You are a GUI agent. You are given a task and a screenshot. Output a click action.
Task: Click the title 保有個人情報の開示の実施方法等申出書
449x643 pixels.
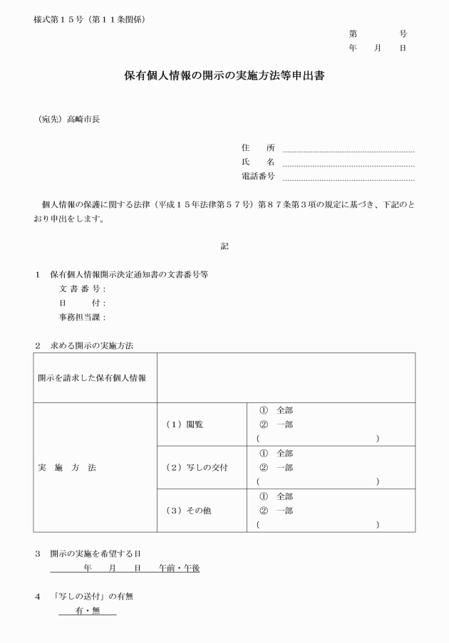(224, 75)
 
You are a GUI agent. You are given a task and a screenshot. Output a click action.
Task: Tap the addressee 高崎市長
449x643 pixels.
(83, 119)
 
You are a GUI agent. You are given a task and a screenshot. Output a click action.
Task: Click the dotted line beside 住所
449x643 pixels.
(349, 150)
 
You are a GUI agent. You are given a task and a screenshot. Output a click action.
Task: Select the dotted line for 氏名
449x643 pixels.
(349, 164)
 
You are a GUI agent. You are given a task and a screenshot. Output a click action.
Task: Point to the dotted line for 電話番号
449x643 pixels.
(349, 178)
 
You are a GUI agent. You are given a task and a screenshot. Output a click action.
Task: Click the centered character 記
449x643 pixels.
(224, 246)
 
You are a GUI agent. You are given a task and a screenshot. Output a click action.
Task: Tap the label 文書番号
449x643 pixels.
(81, 289)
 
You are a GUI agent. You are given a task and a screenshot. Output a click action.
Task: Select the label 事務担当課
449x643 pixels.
(81, 317)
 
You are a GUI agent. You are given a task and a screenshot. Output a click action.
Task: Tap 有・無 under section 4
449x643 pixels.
(88, 611)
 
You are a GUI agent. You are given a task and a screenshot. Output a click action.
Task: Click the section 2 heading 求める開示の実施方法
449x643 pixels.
(92, 345)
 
